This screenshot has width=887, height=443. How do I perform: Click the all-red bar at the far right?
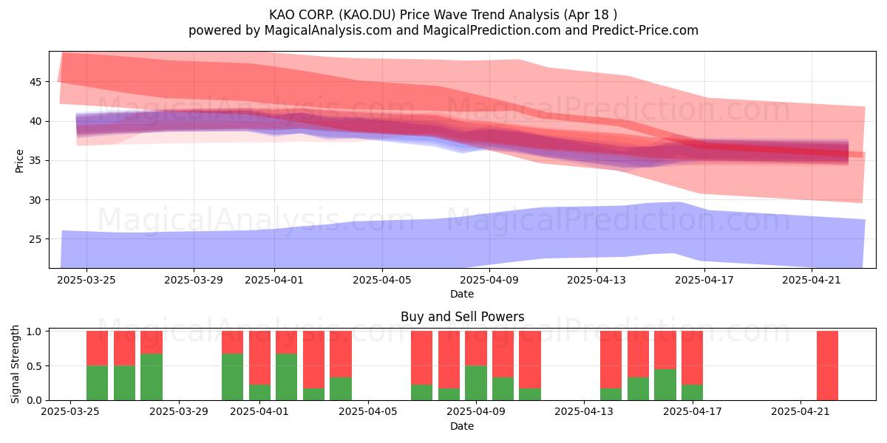coord(827,365)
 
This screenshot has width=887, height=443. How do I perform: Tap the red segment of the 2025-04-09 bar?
coord(476,348)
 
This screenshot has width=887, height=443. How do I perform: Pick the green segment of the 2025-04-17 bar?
coord(692,392)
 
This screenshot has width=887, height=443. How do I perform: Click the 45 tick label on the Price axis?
coord(35,82)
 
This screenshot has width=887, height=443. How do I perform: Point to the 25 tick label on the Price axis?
coord(35,239)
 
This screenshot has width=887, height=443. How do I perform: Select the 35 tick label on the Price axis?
coord(35,161)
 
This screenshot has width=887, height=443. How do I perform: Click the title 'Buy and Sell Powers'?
coord(462,317)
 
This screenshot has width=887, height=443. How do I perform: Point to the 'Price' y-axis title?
coord(19,161)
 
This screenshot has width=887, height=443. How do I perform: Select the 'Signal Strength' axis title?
coord(15,364)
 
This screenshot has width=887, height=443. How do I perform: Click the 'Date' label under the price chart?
coord(462,294)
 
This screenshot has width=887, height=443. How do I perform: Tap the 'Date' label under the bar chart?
coord(462,426)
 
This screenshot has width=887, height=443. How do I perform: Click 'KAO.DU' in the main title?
coord(369,15)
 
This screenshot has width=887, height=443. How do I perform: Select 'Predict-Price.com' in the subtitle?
coord(645,30)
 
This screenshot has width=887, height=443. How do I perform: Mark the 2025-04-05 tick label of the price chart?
coord(382,280)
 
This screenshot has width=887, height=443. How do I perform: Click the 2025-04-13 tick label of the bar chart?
coord(584,412)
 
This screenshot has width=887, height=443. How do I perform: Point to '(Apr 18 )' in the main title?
coord(591,15)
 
